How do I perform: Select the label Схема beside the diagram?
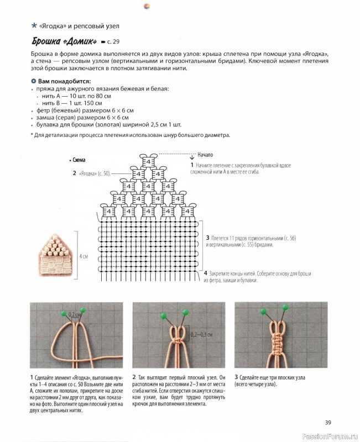pyautogui.click(x=78, y=159)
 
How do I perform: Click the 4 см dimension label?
pyautogui.click(x=83, y=256)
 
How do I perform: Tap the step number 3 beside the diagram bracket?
pyautogui.click(x=207, y=238)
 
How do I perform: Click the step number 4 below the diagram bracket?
pyautogui.click(x=205, y=273)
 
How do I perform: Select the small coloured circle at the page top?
pyautogui.click(x=145, y=5)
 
